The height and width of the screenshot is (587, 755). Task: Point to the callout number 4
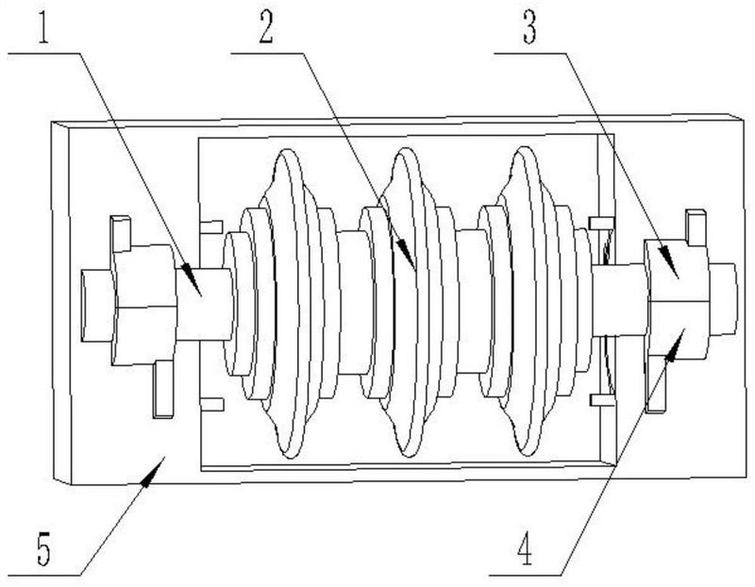click(525, 551)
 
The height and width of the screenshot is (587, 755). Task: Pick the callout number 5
click(43, 550)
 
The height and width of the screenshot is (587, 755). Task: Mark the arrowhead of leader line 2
click(406, 253)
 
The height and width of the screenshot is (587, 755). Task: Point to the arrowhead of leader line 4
click(675, 344)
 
